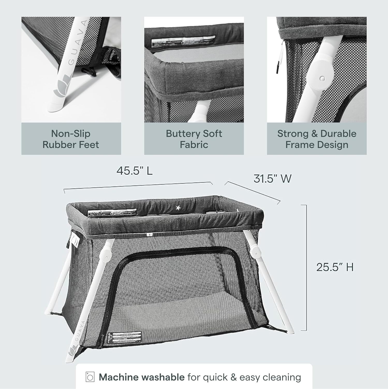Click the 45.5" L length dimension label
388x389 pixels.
134,171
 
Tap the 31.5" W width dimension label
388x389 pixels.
272,179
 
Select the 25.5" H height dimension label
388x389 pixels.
335,267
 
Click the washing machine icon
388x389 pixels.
90,377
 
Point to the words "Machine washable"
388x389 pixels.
142,377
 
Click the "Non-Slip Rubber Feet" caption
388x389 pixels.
71,139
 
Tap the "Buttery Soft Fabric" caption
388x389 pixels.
194,139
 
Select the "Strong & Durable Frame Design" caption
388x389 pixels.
317,139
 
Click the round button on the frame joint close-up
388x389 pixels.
322,78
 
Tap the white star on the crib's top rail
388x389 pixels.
178,208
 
